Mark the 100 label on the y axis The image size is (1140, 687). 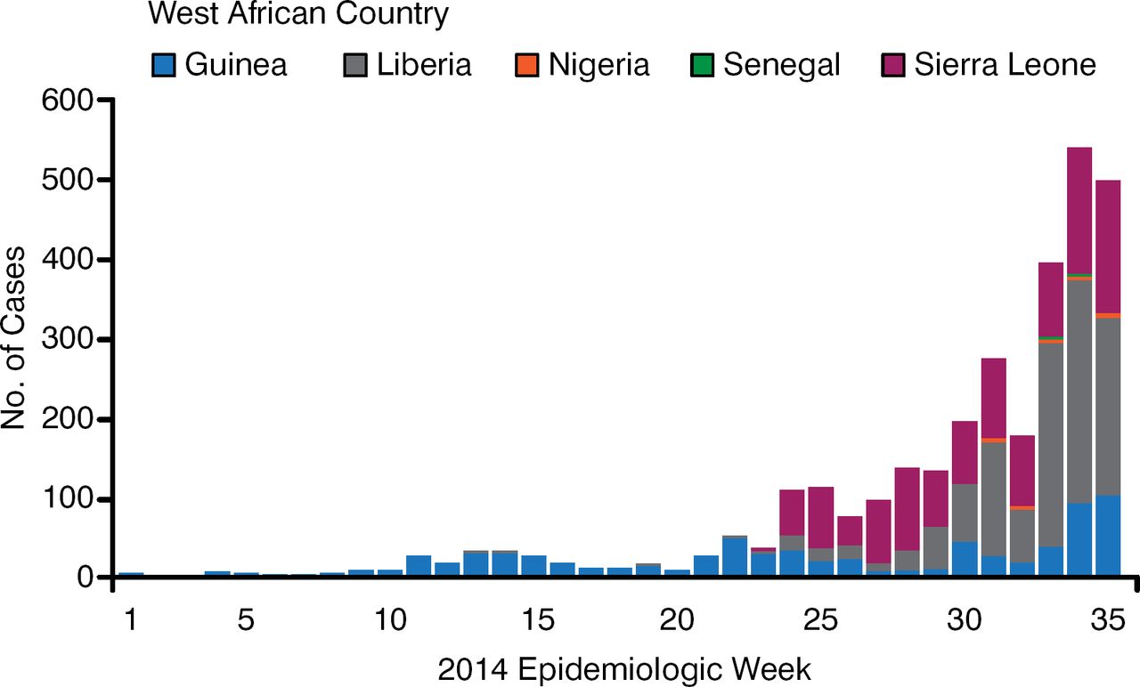66,499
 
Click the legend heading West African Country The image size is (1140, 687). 298,15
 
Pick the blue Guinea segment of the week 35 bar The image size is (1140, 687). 1108,535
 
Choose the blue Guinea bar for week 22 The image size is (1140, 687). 735,557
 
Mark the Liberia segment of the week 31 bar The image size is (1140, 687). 993,498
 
